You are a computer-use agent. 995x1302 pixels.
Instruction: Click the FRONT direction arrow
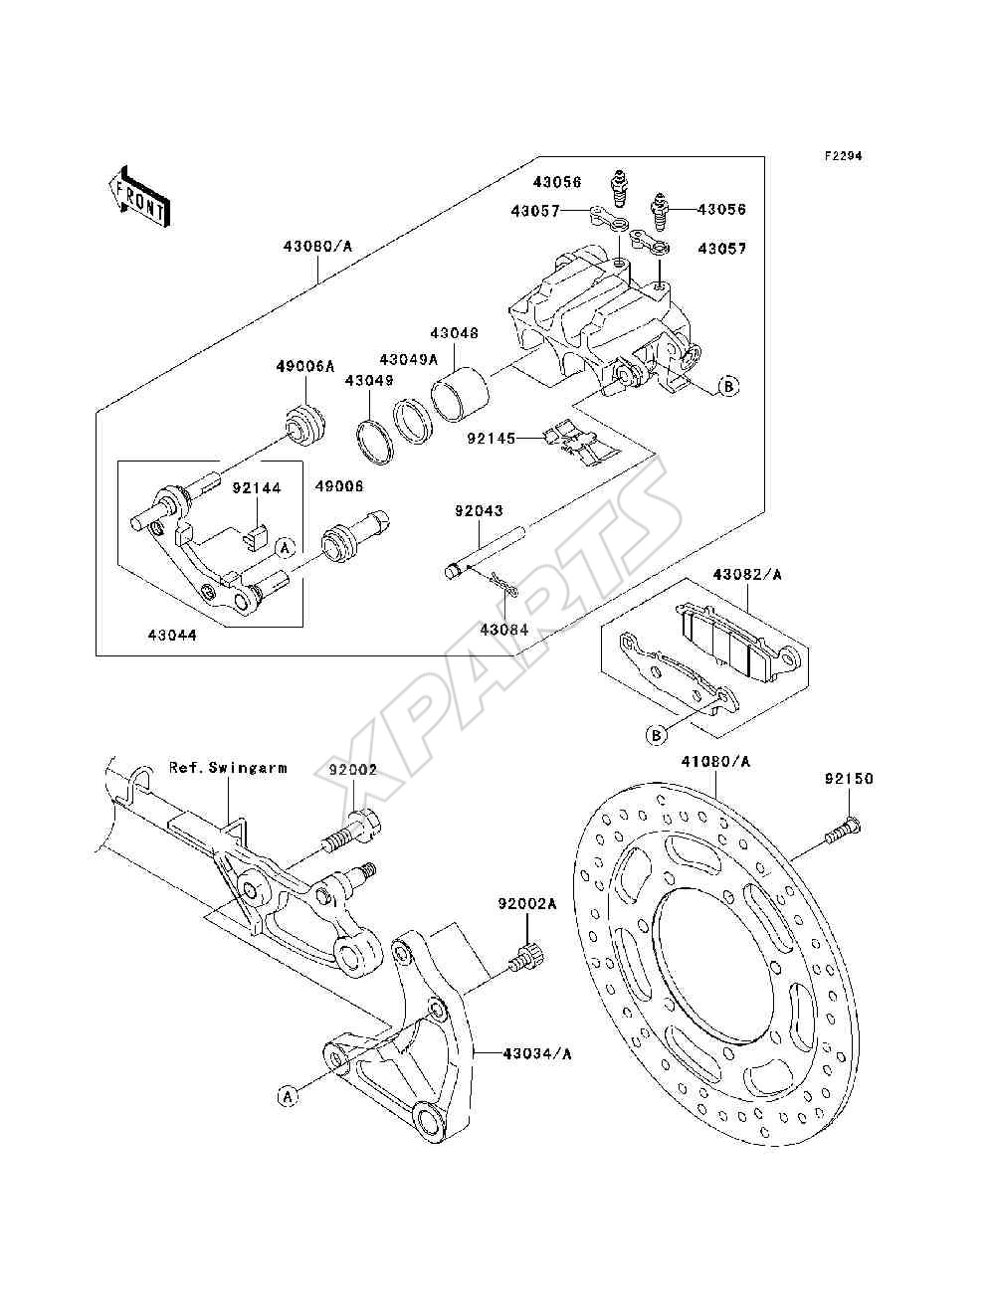[x=140, y=196]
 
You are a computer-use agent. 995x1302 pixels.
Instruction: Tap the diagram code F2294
[x=843, y=156]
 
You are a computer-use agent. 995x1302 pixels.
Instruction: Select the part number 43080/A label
[x=317, y=246]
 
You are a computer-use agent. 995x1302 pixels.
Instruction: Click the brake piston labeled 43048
[x=460, y=392]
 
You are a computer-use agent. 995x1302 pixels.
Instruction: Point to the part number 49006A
[x=304, y=367]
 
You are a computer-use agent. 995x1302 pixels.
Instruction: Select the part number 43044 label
[x=172, y=636]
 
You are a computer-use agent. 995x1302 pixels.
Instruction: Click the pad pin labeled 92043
[x=486, y=550]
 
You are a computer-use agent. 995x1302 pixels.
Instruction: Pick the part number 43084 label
[x=503, y=630]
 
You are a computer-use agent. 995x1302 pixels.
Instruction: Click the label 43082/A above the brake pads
[x=747, y=574]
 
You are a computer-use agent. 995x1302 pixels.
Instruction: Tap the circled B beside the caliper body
[x=728, y=387]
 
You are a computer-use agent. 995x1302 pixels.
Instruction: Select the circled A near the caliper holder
[x=286, y=548]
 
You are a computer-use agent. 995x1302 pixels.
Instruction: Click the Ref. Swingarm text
[x=228, y=768]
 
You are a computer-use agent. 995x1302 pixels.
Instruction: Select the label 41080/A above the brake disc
[x=715, y=761]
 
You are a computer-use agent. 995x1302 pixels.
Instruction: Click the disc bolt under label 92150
[x=842, y=830]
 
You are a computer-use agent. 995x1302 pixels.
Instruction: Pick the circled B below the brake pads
[x=657, y=735]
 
